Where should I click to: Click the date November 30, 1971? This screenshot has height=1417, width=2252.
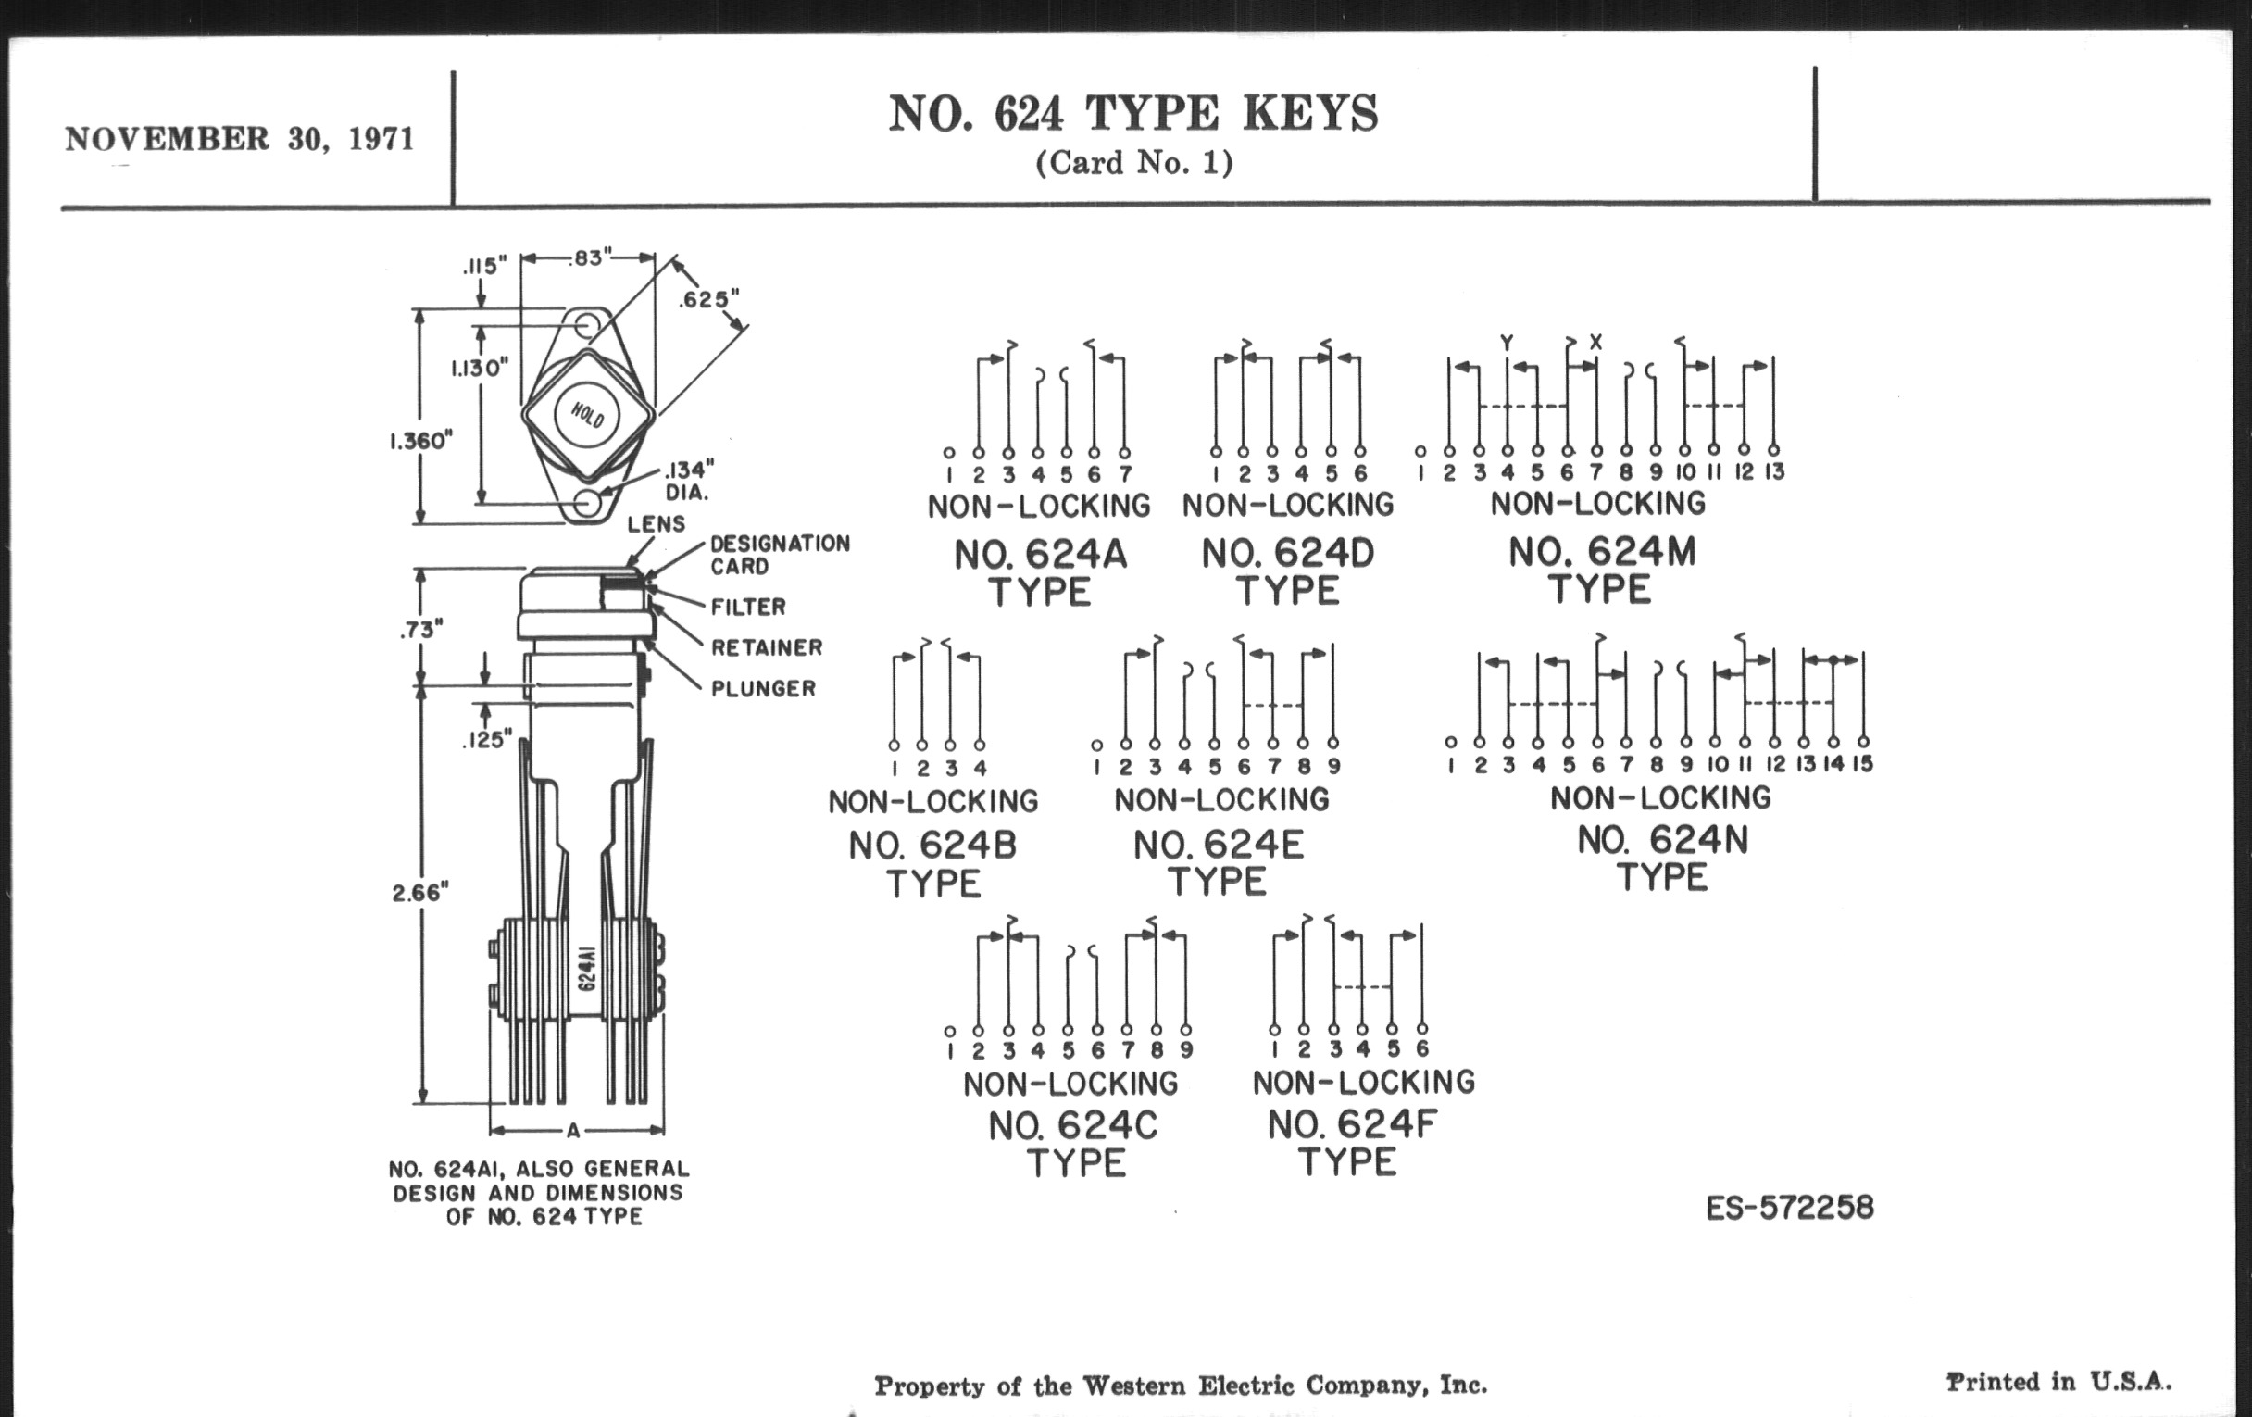click(x=240, y=138)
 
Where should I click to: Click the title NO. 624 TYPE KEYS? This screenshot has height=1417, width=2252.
click(x=1133, y=113)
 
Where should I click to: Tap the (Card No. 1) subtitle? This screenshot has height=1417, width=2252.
click(x=1134, y=163)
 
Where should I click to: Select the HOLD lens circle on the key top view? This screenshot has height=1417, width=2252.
click(x=587, y=414)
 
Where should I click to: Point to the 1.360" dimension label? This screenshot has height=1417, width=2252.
click(x=420, y=441)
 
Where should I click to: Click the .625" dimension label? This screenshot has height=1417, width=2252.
click(x=709, y=299)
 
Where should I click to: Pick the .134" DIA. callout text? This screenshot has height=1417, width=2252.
click(x=689, y=480)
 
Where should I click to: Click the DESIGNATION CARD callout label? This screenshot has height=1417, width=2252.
click(x=780, y=555)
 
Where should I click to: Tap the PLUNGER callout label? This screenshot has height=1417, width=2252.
click(x=763, y=688)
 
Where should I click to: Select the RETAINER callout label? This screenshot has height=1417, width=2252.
click(x=767, y=647)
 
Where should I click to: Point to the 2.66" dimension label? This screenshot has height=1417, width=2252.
click(x=419, y=892)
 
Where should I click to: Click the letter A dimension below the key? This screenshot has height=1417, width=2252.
click(x=573, y=1130)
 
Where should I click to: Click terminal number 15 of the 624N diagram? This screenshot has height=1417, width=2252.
click(x=1863, y=763)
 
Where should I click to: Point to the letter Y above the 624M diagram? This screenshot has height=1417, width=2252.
click(x=1507, y=344)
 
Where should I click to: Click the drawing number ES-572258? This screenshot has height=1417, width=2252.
click(x=1790, y=1208)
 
